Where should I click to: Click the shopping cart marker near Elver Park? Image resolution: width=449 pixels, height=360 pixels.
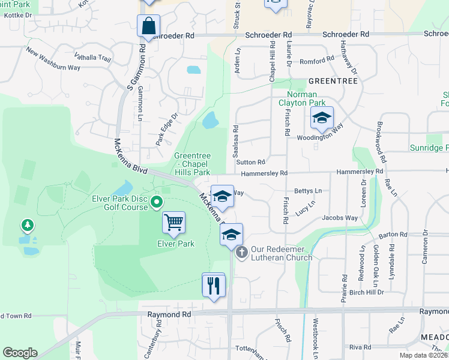[174, 223]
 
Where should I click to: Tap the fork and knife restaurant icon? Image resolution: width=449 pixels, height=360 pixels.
[213, 285]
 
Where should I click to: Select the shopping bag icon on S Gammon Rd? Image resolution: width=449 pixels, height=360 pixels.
[148, 26]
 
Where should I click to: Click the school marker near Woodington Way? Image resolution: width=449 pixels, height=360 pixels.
[322, 120]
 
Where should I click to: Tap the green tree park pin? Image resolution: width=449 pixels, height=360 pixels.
[26, 226]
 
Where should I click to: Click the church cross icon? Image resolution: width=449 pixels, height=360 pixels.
[241, 252]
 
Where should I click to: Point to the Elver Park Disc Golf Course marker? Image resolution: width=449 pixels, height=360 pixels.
[157, 202]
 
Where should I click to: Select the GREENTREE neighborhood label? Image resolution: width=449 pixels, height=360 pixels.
[333, 80]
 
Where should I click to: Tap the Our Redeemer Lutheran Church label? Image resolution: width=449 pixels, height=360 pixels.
[281, 253]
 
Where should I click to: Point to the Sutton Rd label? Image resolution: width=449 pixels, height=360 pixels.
[250, 162]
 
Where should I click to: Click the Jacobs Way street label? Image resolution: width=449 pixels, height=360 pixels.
[340, 218]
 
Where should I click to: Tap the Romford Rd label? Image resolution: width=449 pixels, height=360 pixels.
[316, 61]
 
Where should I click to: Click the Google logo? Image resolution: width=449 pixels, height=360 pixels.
[20, 353]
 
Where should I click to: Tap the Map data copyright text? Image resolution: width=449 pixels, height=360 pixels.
[424, 355]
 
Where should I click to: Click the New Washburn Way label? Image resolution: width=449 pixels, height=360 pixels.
[53, 59]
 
